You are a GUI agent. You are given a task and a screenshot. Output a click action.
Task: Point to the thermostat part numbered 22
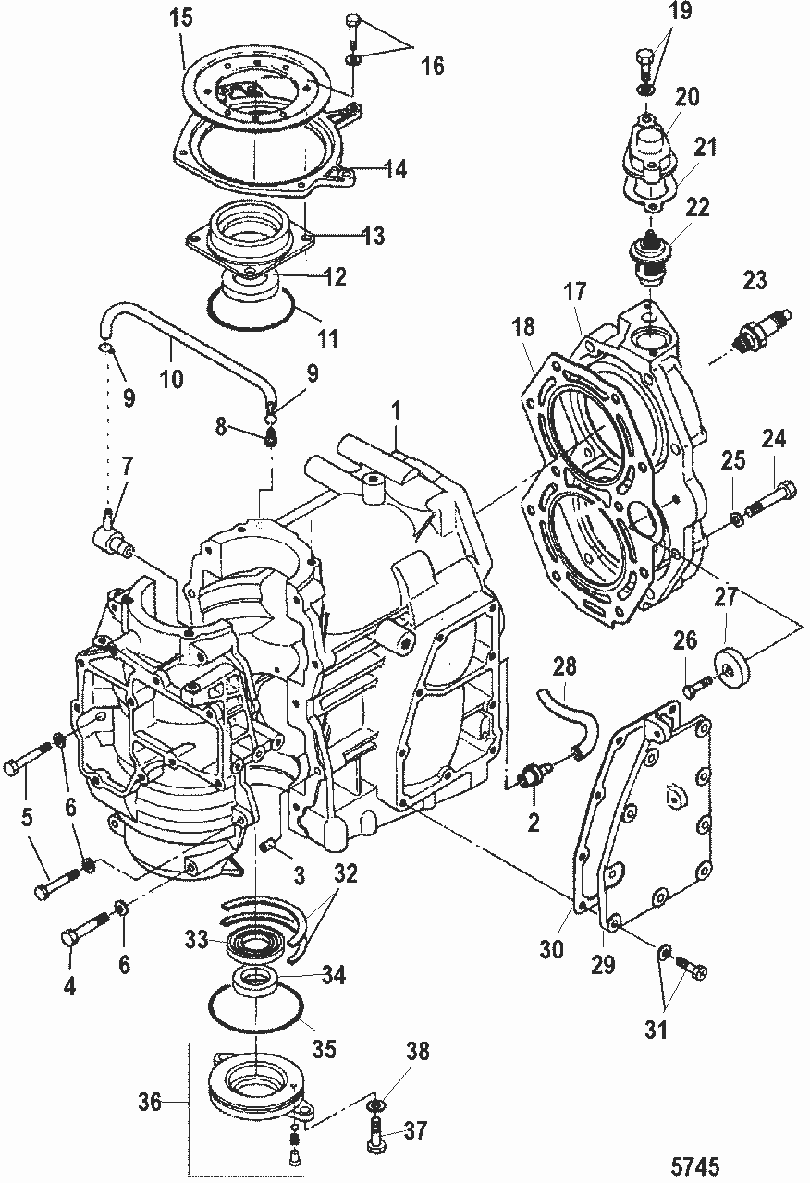click(650, 256)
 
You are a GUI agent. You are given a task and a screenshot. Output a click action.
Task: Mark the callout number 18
click(522, 327)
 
